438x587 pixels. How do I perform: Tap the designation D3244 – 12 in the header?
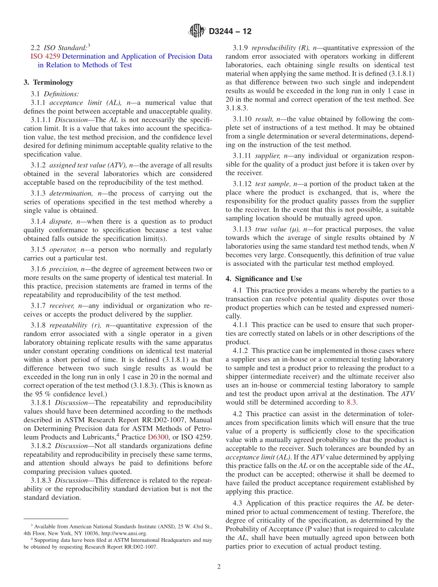pyautogui.click(x=230, y=31)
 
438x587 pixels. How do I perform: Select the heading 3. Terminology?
pyautogui.click(x=48, y=82)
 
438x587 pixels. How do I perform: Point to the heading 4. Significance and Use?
pyautogui.click(x=264, y=279)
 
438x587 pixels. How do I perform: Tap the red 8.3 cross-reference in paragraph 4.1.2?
pyautogui.click(x=352, y=402)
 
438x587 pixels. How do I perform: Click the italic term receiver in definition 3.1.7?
pyautogui.click(x=62, y=305)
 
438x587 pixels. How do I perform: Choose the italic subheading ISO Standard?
pyautogui.click(x=65, y=48)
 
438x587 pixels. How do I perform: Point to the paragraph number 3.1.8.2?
pyautogui.click(x=42, y=446)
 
